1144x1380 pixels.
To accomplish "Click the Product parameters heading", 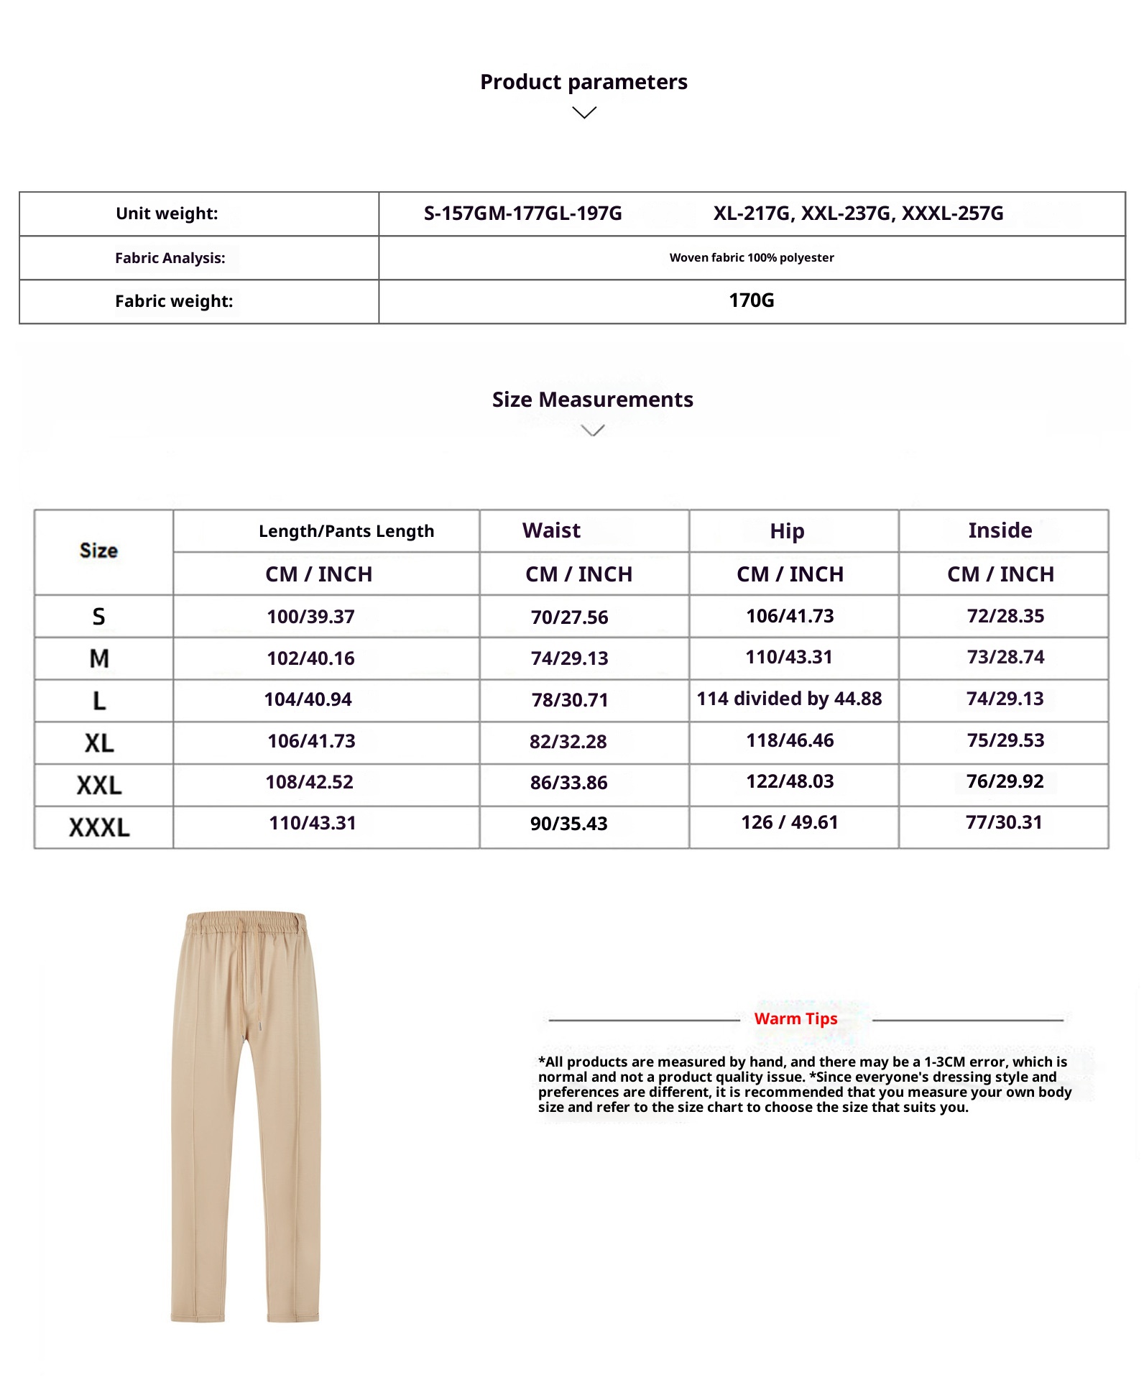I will pyautogui.click(x=583, y=82).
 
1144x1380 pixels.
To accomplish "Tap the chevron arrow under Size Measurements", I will pyautogui.click(x=592, y=431).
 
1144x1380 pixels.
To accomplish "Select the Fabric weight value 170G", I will pyautogui.click(x=752, y=300).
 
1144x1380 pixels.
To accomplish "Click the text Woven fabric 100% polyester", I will pyautogui.click(x=752, y=257).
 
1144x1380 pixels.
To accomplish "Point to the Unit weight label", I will pyautogui.click(x=167, y=213).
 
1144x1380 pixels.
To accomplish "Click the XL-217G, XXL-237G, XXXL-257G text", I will pyautogui.click(x=858, y=213).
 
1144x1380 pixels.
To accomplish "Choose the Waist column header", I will pyautogui.click(x=551, y=530).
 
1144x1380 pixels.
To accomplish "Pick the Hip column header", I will pyautogui.click(x=787, y=531).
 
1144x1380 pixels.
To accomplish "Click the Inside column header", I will pyautogui.click(x=1000, y=530).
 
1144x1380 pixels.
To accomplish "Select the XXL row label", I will pyautogui.click(x=99, y=785).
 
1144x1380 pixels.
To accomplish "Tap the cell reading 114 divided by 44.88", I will pyautogui.click(x=789, y=699).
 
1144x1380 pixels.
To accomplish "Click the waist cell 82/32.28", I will pyautogui.click(x=568, y=742).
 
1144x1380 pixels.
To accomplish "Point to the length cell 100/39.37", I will pyautogui.click(x=311, y=617).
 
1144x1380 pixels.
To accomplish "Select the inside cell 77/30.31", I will pyautogui.click(x=1004, y=822).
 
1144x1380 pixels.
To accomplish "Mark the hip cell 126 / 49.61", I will pyautogui.click(x=790, y=822).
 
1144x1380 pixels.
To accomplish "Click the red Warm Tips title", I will pyautogui.click(x=795, y=1018).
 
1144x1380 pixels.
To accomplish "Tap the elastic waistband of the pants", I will pyautogui.click(x=246, y=923).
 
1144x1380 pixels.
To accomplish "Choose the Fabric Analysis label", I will pyautogui.click(x=170, y=258).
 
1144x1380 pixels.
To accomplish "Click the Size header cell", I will pyautogui.click(x=99, y=551).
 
